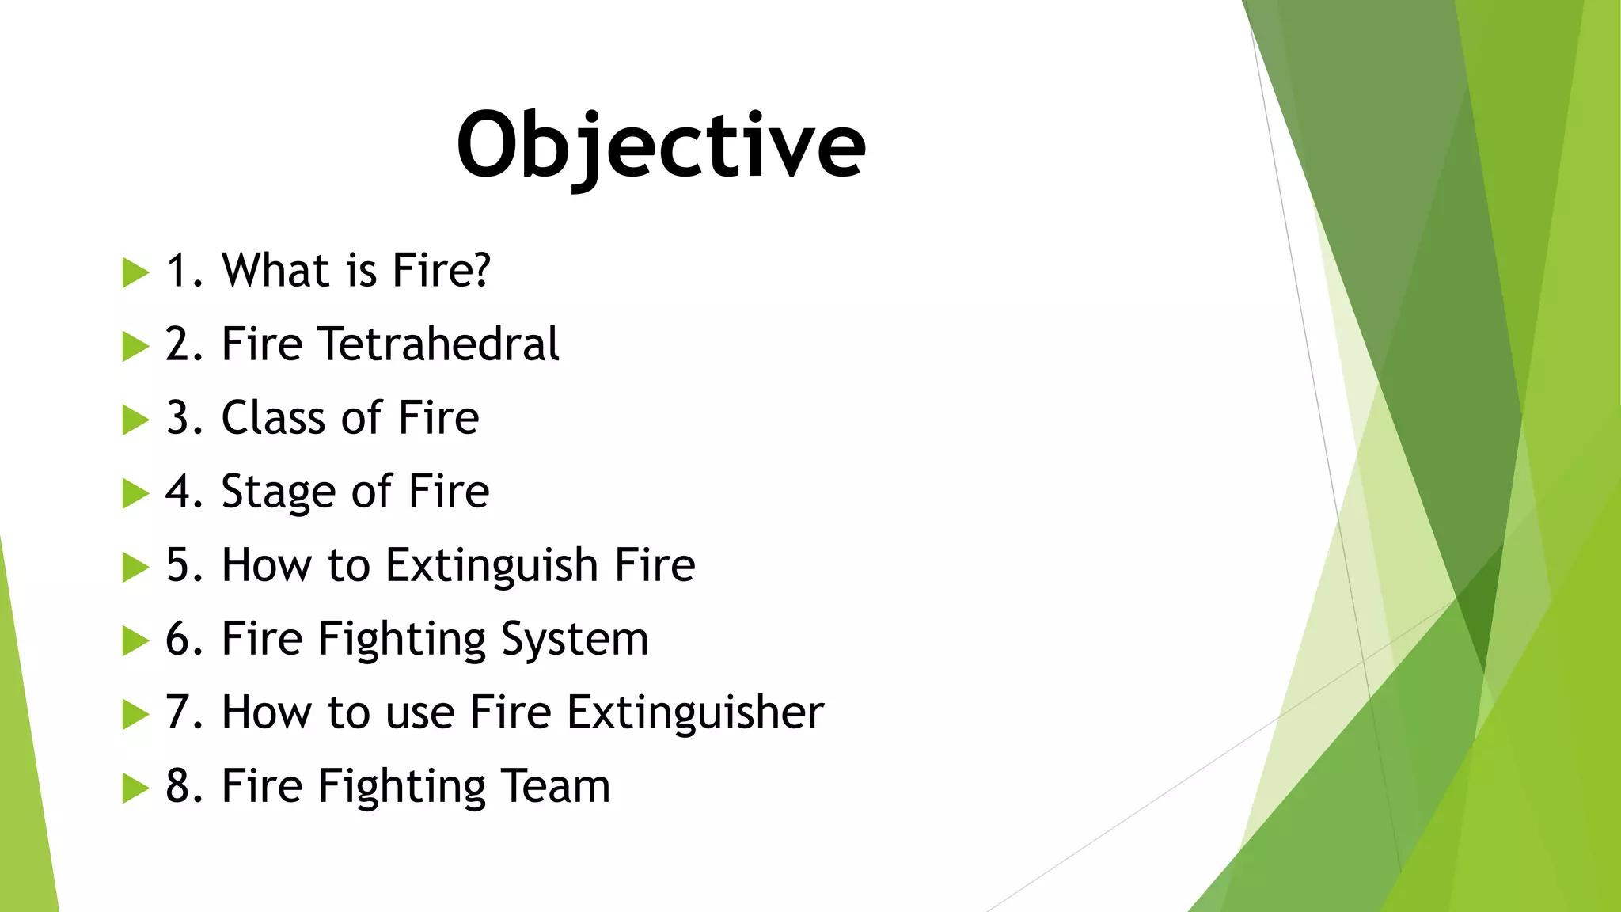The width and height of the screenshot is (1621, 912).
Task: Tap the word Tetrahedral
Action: (x=438, y=344)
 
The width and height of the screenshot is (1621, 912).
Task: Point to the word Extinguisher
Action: (x=696, y=712)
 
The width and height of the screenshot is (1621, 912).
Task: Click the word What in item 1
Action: (x=274, y=270)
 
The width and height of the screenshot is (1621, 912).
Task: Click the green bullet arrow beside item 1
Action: (x=135, y=273)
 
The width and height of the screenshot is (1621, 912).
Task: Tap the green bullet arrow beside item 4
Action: (x=135, y=494)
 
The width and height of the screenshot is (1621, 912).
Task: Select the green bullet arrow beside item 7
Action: (x=135, y=715)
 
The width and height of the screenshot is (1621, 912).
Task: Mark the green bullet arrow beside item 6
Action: (x=135, y=641)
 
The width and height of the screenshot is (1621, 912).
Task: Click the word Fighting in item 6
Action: (x=402, y=640)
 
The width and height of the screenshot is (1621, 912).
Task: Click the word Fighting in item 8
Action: (x=402, y=786)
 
